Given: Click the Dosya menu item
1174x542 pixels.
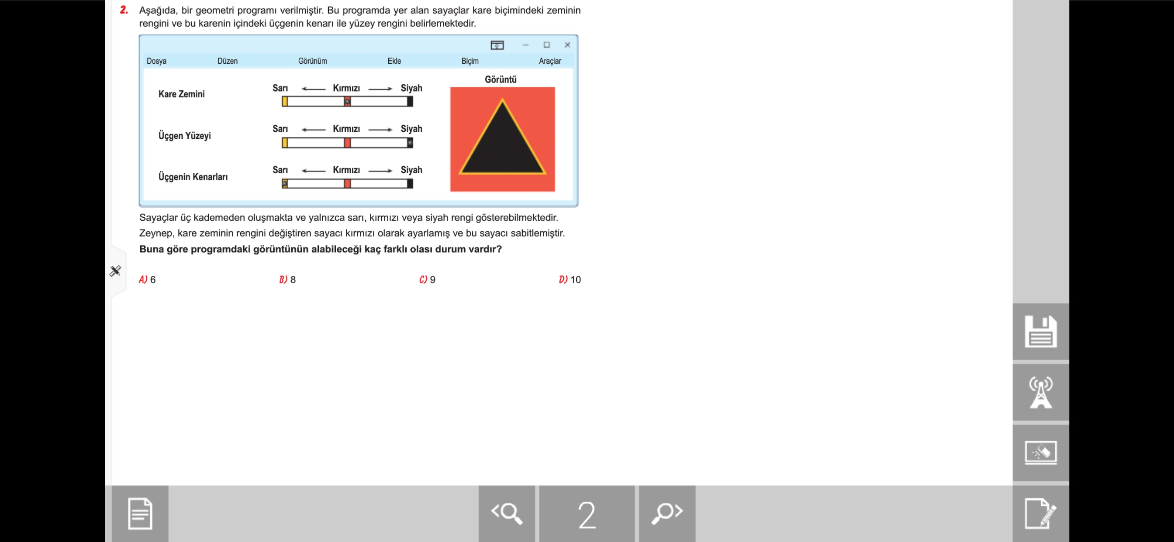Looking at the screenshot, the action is pyautogui.click(x=156, y=61).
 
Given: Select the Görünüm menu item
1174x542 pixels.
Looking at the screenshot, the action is pyautogui.click(x=313, y=61).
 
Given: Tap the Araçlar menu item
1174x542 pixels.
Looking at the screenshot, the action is pyautogui.click(x=549, y=61).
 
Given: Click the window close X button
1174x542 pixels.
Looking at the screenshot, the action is pyautogui.click(x=567, y=45).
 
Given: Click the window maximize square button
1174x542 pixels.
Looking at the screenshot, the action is pyautogui.click(x=547, y=45).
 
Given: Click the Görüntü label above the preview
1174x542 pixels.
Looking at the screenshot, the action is pyautogui.click(x=501, y=79).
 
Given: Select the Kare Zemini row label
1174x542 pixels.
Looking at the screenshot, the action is pyautogui.click(x=181, y=94).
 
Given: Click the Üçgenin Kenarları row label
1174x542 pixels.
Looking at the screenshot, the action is pyautogui.click(x=193, y=177).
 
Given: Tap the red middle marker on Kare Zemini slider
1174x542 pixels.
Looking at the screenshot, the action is pyautogui.click(x=347, y=102).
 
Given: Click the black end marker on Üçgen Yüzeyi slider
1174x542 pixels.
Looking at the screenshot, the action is pyautogui.click(x=410, y=143).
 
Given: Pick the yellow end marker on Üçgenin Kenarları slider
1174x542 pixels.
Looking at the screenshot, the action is pyautogui.click(x=285, y=184).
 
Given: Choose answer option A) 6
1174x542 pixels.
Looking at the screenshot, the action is pyautogui.click(x=147, y=280).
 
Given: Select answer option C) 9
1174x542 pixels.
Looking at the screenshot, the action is pyautogui.click(x=427, y=280).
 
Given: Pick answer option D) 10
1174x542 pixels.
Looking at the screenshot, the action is pyautogui.click(x=570, y=280).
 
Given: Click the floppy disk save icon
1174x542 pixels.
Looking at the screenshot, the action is pyautogui.click(x=1040, y=332).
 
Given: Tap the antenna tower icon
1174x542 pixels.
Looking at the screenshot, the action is pyautogui.click(x=1040, y=392).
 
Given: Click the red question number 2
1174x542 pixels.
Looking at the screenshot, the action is pyautogui.click(x=124, y=10).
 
